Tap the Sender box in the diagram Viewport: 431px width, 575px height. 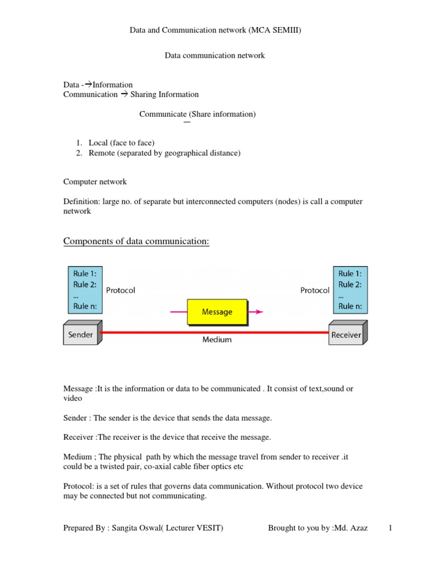80,335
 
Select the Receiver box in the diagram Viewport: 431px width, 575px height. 346,335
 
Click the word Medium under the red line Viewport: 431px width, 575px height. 217,340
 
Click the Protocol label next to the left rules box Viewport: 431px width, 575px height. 120,290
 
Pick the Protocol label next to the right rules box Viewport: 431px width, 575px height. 315,290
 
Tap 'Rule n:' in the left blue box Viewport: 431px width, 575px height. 85,306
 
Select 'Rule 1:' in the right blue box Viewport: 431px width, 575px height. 350,273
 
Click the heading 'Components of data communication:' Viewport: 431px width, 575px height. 136,241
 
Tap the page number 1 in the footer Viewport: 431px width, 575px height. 389,528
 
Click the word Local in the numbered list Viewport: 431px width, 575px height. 99,143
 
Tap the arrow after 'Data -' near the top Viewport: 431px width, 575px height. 88,85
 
